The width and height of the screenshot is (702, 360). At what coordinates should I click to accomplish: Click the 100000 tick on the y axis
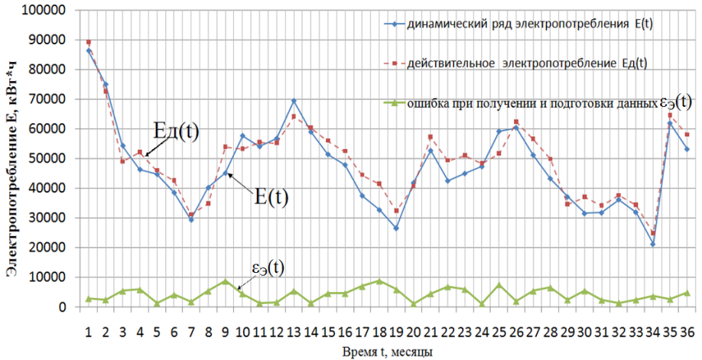pyautogui.click(x=47, y=10)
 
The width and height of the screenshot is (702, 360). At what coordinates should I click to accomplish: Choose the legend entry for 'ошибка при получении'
pyautogui.click(x=520, y=102)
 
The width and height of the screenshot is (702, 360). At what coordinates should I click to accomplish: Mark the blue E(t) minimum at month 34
pyautogui.click(x=653, y=245)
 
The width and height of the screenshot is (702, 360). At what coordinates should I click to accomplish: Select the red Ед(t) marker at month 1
pyautogui.click(x=89, y=42)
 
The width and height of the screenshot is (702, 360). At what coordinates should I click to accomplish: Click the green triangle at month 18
pyautogui.click(x=379, y=281)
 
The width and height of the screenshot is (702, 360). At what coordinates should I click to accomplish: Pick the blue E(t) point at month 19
pyautogui.click(x=396, y=228)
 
